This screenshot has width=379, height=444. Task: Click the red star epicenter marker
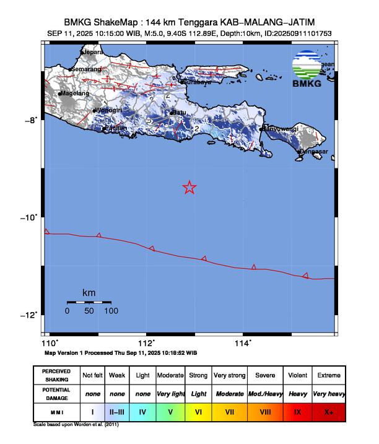[x=189, y=188]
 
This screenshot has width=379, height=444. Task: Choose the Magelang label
[x=75, y=94]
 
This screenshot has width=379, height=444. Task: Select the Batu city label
[x=180, y=112]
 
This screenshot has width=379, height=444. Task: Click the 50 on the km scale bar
[x=89, y=311]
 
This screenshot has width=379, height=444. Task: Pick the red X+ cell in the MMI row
[x=328, y=411]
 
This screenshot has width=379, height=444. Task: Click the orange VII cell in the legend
[x=229, y=411]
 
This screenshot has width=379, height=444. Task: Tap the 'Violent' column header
[x=297, y=375]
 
